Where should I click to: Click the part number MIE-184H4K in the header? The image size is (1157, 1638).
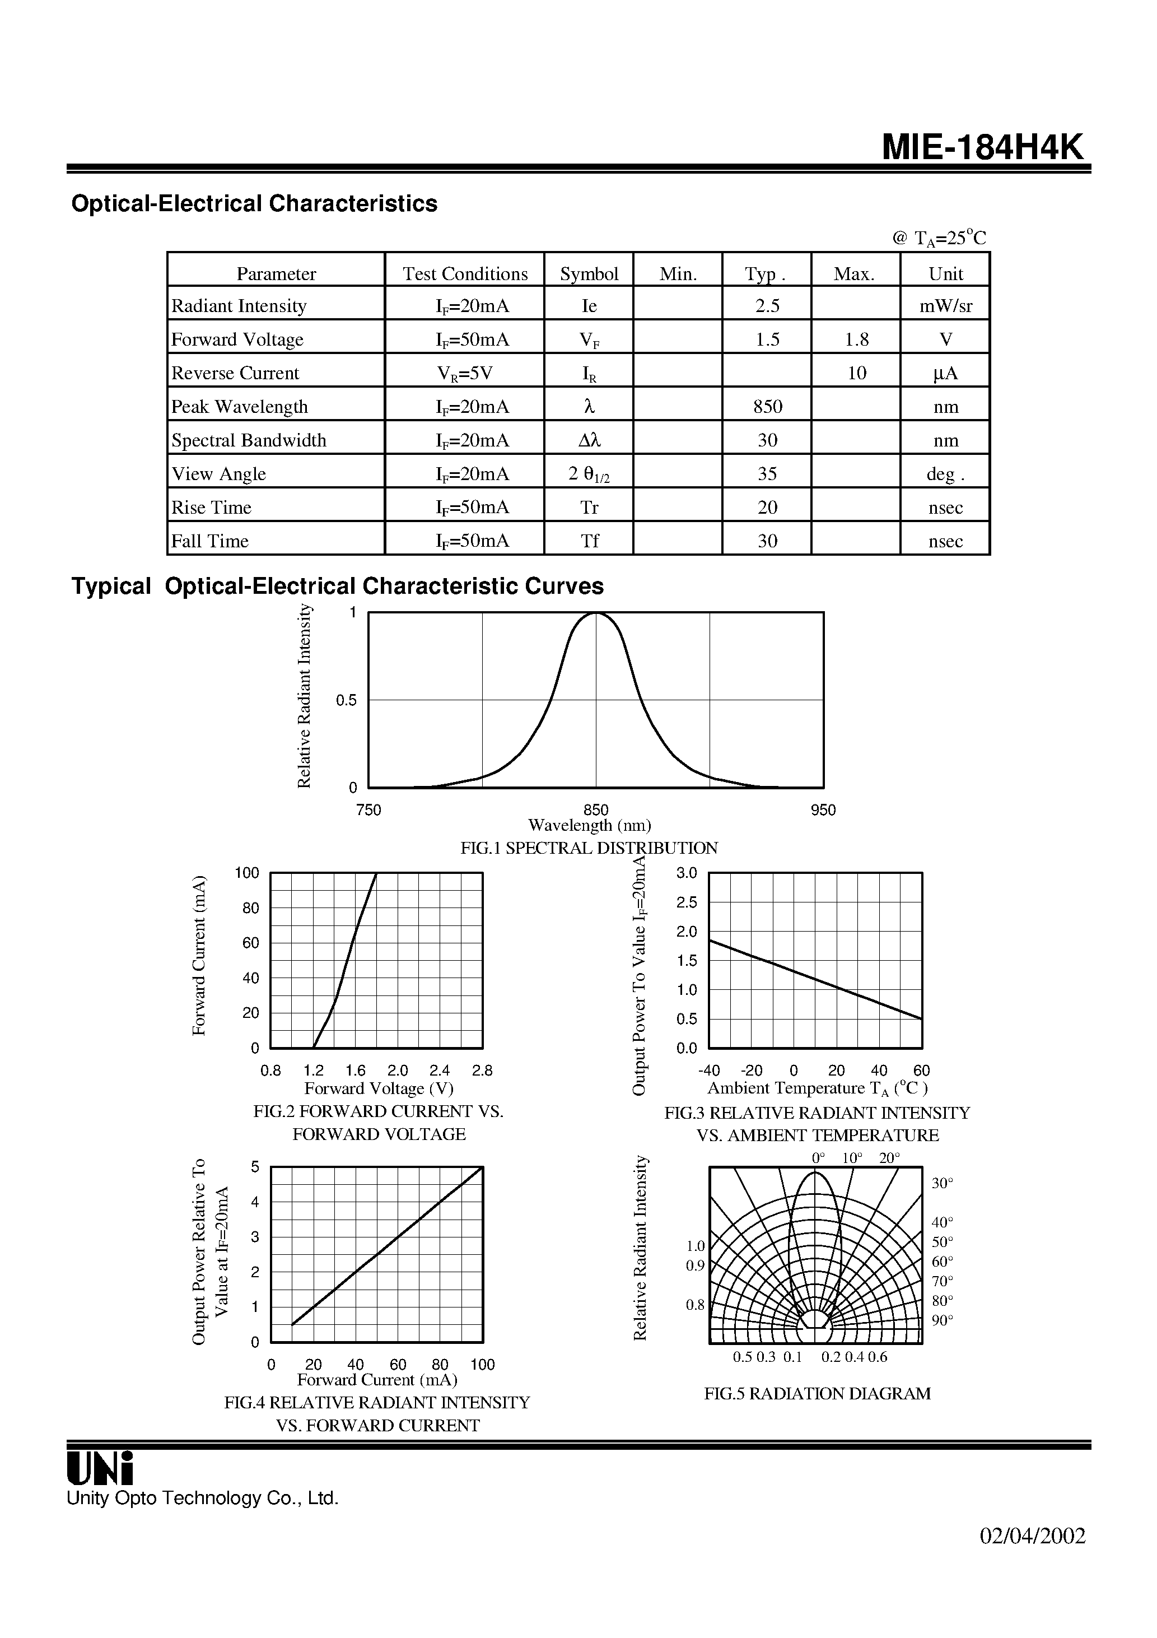[982, 148]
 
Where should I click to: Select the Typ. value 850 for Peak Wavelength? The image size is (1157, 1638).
[768, 407]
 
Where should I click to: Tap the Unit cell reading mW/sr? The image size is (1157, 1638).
[945, 306]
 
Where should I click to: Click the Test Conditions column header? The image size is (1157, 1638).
[465, 274]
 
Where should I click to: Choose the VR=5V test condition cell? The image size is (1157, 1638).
[465, 373]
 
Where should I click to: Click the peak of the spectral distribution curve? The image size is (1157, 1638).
[596, 613]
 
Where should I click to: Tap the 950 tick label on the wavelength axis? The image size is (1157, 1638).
[823, 809]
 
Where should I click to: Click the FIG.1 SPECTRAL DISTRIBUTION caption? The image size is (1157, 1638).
[589, 848]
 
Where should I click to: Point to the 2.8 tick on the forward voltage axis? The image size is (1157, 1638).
[482, 1070]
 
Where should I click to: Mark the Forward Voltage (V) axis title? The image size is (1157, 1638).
[379, 1088]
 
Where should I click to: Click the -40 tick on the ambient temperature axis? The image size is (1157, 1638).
[708, 1070]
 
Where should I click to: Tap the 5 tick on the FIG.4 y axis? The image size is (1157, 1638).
[255, 1167]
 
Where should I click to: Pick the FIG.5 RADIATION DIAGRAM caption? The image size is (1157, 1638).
[818, 1393]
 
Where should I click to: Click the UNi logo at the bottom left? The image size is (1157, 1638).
[100, 1468]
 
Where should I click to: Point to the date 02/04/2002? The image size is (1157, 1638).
[1033, 1536]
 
